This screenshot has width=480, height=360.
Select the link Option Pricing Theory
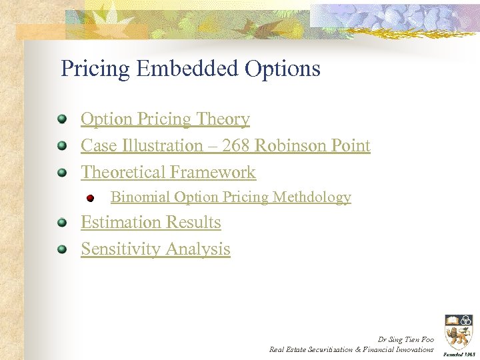click(x=165, y=119)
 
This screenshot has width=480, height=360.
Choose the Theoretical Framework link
click(x=168, y=173)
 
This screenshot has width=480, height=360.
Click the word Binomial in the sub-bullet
click(x=141, y=197)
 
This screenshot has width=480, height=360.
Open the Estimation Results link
click(x=151, y=223)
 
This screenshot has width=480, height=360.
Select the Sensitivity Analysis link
click(x=155, y=249)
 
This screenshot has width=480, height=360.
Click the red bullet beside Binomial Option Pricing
click(x=91, y=198)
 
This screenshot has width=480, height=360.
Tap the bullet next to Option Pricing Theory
click(x=62, y=119)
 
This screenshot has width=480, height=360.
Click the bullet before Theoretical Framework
click(x=62, y=173)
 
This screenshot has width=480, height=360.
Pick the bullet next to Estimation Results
click(x=62, y=223)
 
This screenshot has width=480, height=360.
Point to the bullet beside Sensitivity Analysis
click(x=62, y=249)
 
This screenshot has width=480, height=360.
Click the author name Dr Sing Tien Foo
click(x=405, y=339)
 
